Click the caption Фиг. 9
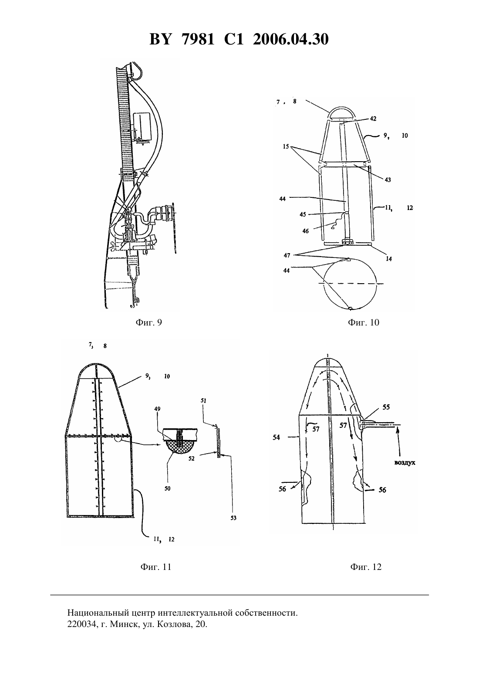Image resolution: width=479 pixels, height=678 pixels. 149,322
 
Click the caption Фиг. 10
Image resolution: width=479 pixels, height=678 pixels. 364,322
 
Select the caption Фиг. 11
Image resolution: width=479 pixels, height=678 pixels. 156,567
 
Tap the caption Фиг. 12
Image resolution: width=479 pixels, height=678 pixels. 366,567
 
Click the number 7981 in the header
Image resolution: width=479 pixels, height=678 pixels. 198,40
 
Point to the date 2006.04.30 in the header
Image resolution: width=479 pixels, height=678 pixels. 290,40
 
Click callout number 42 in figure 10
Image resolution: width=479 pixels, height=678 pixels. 373,119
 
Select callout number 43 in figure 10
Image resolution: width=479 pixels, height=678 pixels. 388,180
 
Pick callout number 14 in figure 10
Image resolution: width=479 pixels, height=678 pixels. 389,259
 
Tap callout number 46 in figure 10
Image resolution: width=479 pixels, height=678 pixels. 305,231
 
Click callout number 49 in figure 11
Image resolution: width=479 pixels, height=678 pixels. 166,409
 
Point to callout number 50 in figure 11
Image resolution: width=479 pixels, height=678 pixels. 168,488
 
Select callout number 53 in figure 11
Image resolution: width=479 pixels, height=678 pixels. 233,518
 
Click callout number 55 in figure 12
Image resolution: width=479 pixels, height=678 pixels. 386,407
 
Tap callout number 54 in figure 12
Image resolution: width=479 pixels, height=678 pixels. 276,437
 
